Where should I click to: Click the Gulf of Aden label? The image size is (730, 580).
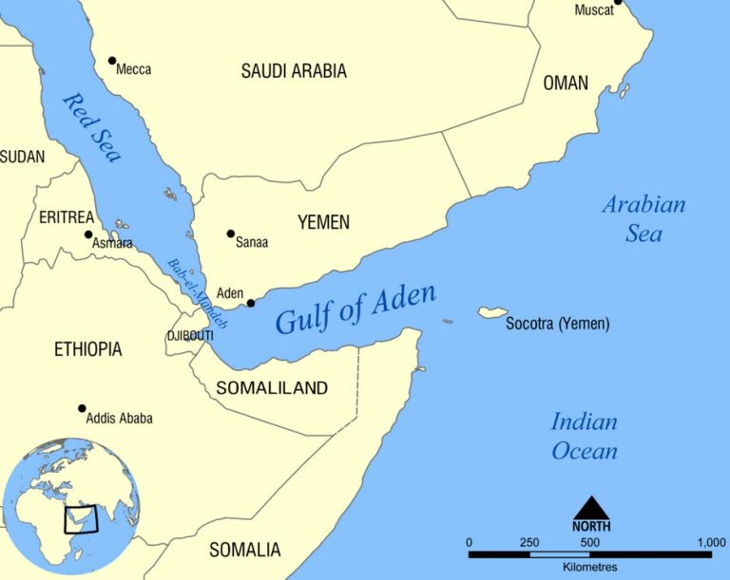(355, 309)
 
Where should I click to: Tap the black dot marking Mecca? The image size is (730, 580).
(112, 61)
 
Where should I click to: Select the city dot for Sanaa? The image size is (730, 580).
(230, 234)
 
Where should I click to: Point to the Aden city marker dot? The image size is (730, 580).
(251, 303)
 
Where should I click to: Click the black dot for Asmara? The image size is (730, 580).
(88, 234)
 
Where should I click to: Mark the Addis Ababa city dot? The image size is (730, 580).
(82, 408)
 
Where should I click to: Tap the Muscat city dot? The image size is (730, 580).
(617, 2)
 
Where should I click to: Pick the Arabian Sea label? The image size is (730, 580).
(644, 217)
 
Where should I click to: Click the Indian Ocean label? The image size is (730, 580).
(585, 436)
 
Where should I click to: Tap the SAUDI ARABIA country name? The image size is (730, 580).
(294, 71)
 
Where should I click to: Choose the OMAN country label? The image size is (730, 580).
(566, 84)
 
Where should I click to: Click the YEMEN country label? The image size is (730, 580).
(323, 222)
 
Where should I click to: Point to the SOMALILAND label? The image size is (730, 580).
(272, 387)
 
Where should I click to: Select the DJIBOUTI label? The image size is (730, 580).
(189, 336)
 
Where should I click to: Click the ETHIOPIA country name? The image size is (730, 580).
(87, 349)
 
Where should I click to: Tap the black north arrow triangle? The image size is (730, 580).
(590, 507)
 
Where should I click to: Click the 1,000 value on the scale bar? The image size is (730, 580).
(710, 541)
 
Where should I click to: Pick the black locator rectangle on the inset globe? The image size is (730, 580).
(80, 520)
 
